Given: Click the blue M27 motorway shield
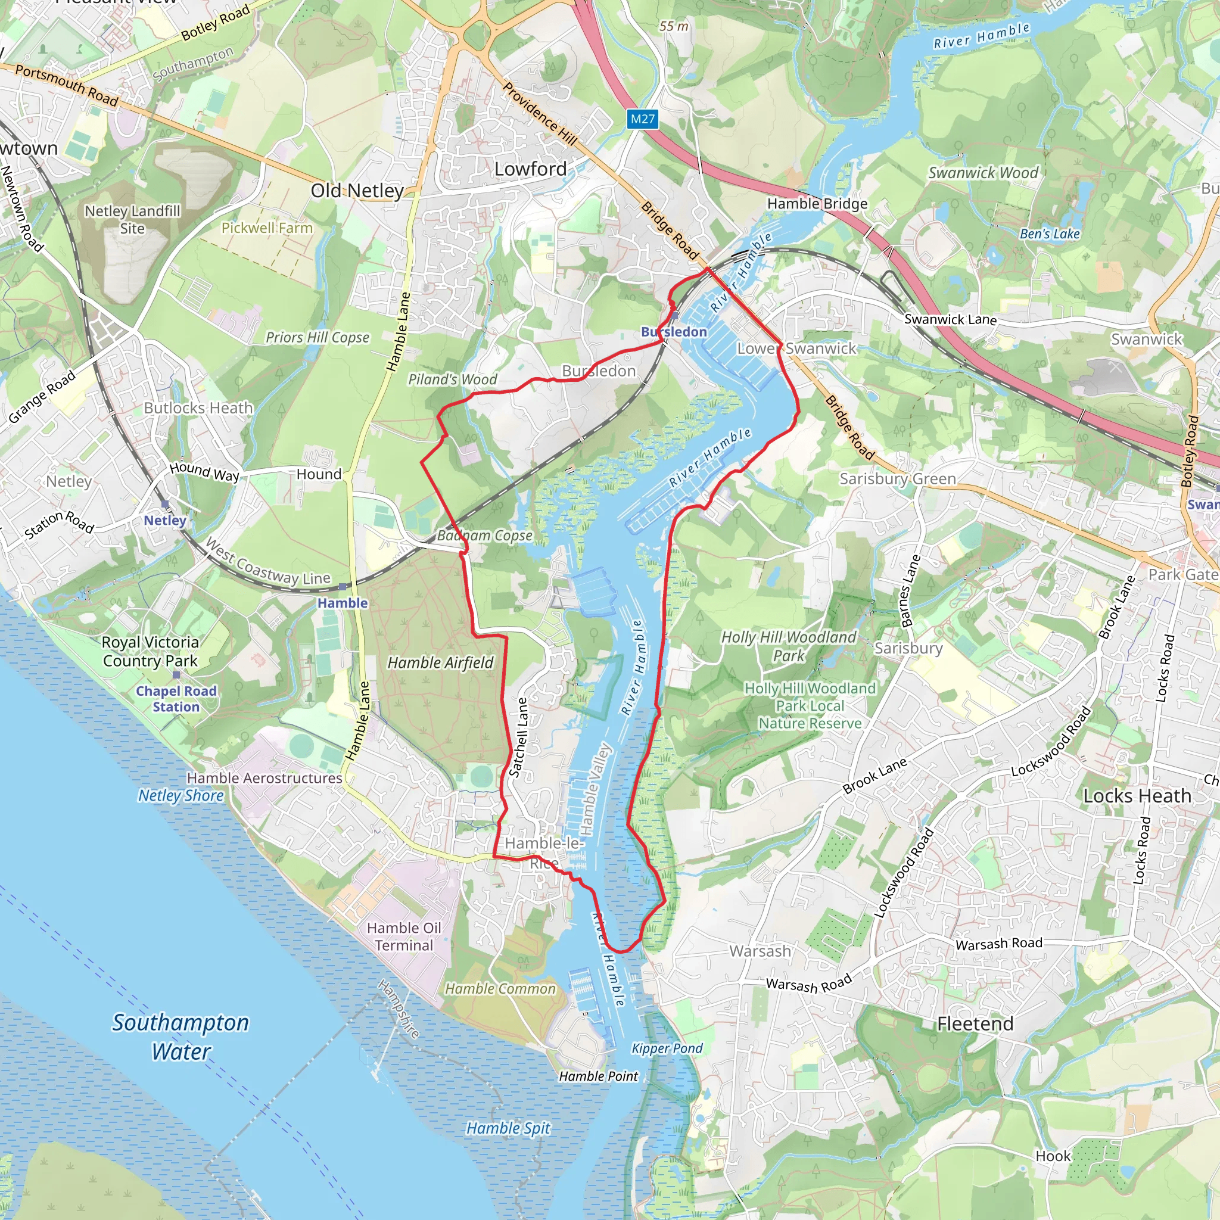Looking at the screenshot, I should (x=643, y=119).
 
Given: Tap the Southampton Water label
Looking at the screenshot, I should (x=180, y=1037).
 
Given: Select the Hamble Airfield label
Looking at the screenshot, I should (x=440, y=662).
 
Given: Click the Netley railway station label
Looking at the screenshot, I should (x=165, y=520).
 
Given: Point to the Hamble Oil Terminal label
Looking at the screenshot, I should (x=404, y=936).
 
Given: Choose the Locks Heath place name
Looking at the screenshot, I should (x=1137, y=796).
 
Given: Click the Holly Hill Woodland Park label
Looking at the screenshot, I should (x=789, y=646).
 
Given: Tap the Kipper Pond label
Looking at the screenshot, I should (x=667, y=1048).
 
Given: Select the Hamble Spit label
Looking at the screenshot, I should (x=508, y=1128).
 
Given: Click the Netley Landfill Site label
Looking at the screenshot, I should (x=133, y=219).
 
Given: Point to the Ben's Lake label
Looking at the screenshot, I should (x=1050, y=234).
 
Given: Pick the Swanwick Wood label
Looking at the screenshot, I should (x=983, y=172).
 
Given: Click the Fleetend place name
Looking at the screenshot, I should (x=975, y=1023).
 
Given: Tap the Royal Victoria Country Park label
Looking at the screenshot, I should (x=150, y=651).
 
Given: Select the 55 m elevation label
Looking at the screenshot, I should (x=674, y=27).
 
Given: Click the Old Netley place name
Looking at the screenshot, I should (x=357, y=191).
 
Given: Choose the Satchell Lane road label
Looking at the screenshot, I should (x=518, y=736).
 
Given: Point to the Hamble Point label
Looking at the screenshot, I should (x=599, y=1076).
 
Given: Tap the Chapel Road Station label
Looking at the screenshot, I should (x=176, y=699).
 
